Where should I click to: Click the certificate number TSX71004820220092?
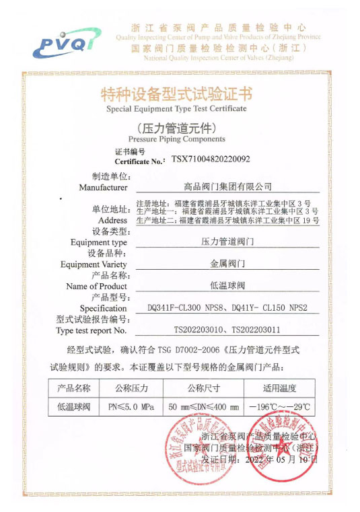pyautogui.click(x=211, y=159)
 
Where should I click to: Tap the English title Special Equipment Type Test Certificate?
pyautogui.click(x=176, y=108)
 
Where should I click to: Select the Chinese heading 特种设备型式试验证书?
pyautogui.click(x=176, y=94)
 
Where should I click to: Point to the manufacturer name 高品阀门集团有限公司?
pyautogui.click(x=228, y=186)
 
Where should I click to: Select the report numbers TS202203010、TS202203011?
pyautogui.click(x=228, y=330)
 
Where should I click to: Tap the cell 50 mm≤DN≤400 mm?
pyautogui.click(x=203, y=407)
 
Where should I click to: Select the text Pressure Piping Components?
pyautogui.click(x=176, y=139)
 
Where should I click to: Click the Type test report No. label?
pyautogui.click(x=92, y=330)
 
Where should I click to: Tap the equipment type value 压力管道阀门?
pyautogui.click(x=228, y=240)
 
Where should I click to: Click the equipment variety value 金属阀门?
pyautogui.click(x=228, y=264)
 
